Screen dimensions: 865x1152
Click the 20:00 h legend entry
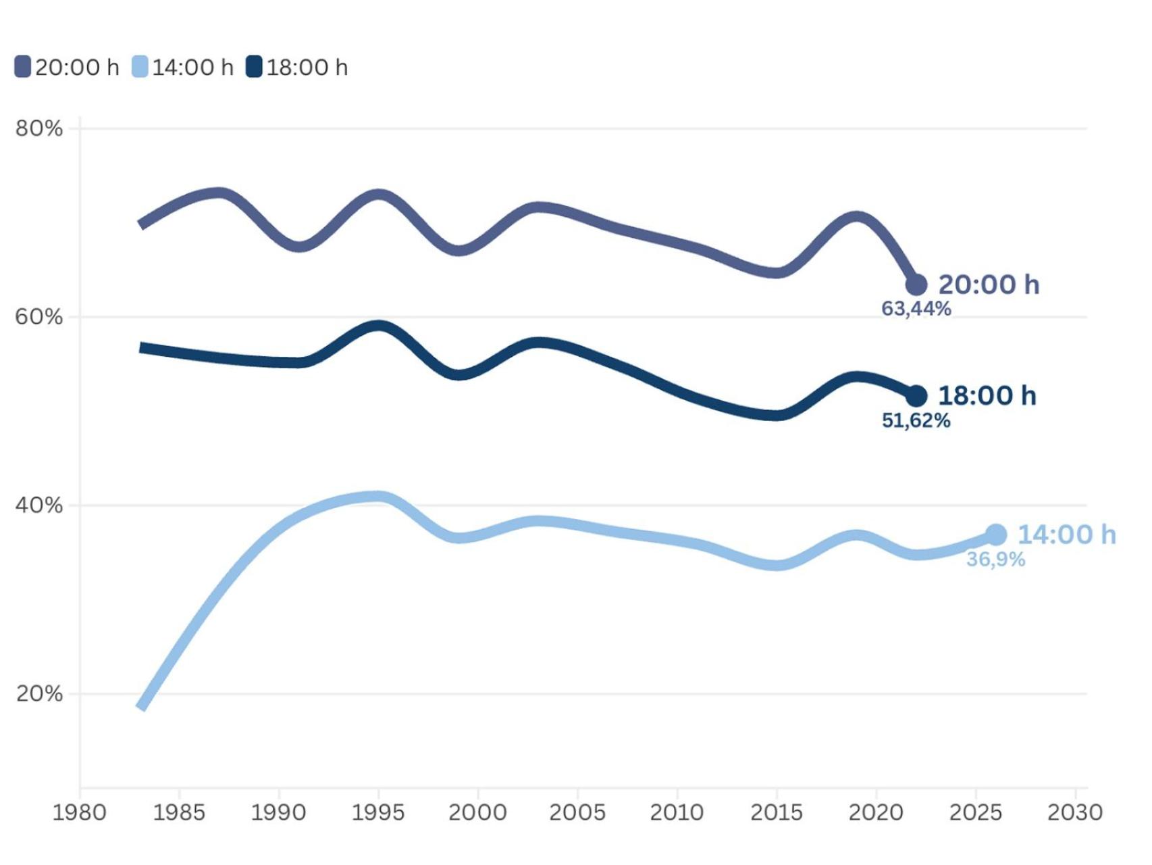[x=67, y=68]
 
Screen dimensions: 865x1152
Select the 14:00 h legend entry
[x=183, y=68]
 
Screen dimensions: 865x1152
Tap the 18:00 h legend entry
[x=297, y=68]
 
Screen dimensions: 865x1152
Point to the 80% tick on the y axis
[x=38, y=128]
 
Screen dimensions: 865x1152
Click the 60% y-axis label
[x=38, y=317]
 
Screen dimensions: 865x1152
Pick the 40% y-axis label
[x=38, y=505]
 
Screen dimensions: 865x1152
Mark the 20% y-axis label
[x=38, y=694]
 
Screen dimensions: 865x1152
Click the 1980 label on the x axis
[x=80, y=812]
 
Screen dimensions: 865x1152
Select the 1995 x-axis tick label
[x=378, y=812]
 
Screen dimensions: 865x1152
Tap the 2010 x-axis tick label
[x=677, y=812]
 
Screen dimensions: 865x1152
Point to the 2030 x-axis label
[x=1074, y=812]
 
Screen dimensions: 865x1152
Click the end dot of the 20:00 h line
[x=916, y=285]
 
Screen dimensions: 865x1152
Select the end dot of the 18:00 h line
[x=916, y=396]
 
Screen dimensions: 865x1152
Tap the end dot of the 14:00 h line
[x=996, y=535]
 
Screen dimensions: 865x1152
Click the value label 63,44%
[x=916, y=309]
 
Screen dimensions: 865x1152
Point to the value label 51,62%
[x=916, y=421]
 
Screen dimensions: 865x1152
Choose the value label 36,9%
[x=996, y=560]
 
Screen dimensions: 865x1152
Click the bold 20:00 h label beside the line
[x=989, y=285]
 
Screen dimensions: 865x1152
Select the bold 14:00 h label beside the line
[x=1067, y=535]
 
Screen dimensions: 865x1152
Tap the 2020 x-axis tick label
[x=876, y=812]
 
